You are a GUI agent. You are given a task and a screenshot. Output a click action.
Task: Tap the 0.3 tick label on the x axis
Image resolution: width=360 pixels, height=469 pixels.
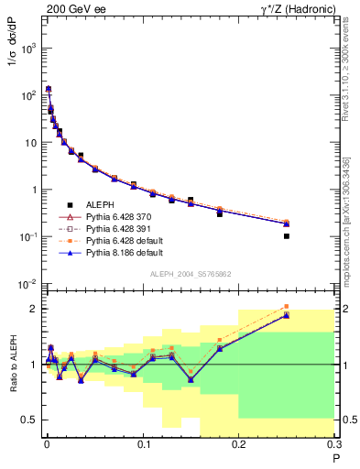coord(334,444)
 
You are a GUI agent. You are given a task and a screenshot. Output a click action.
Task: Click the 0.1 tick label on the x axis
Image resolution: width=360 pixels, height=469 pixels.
coord(142,444)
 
